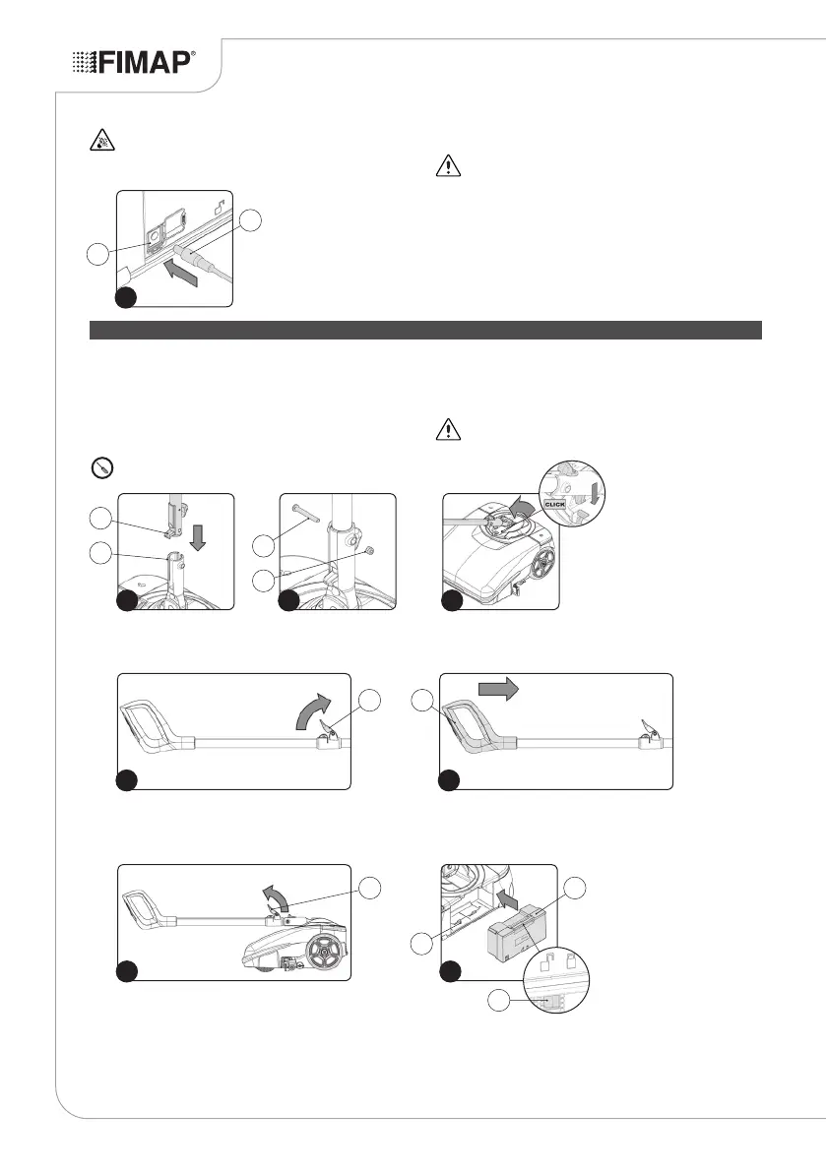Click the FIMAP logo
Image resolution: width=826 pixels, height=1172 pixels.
(x=135, y=63)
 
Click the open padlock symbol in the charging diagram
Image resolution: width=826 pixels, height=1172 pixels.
(x=215, y=208)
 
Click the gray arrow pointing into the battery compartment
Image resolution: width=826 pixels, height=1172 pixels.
(x=505, y=898)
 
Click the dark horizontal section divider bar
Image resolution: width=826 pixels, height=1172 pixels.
(x=426, y=329)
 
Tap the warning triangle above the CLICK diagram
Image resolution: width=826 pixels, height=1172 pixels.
(x=448, y=430)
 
